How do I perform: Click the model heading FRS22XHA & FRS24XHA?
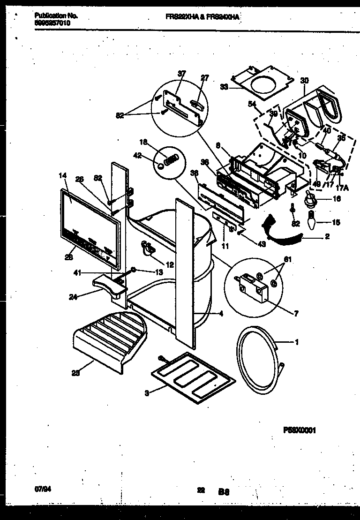(202, 16)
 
